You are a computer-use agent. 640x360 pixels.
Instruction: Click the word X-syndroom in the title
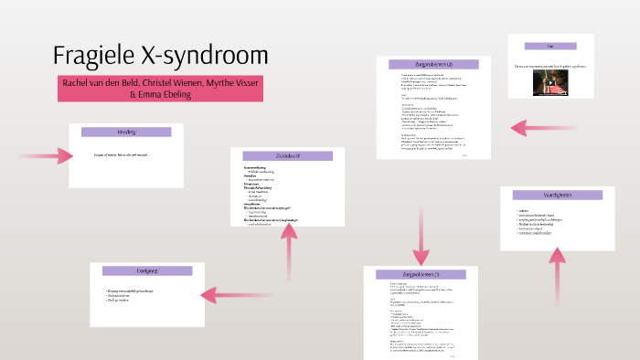pyautogui.click(x=211, y=56)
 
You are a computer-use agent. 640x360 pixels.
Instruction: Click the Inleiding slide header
pyautogui.click(x=126, y=132)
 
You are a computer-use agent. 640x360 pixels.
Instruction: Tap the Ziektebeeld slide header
pyautogui.click(x=286, y=156)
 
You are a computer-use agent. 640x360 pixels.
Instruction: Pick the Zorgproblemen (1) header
pyautogui.click(x=421, y=275)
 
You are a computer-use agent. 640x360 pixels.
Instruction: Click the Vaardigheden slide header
pyautogui.click(x=557, y=195)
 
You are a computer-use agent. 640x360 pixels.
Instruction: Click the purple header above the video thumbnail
pyautogui.click(x=551, y=46)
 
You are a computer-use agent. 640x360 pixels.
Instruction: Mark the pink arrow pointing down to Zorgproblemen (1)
pyautogui.click(x=421, y=238)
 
